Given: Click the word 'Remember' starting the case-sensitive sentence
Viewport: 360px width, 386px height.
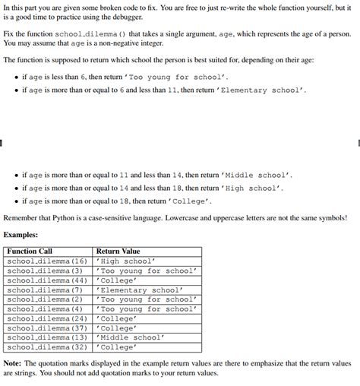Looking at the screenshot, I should click(x=21, y=218).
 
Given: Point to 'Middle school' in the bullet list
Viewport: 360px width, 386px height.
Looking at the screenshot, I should click(x=261, y=174).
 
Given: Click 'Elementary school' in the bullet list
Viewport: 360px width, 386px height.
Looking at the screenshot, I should click(x=262, y=90).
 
